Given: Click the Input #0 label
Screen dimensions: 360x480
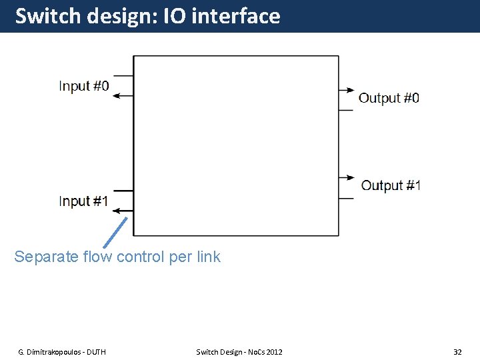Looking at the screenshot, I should coord(83,86).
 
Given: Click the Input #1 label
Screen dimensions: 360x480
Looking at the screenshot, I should coord(83,201).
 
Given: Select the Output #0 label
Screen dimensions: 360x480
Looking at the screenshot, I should coord(389,98).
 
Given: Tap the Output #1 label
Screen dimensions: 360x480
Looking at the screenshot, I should coord(391,185).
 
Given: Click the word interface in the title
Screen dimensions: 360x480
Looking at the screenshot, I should coord(235,15).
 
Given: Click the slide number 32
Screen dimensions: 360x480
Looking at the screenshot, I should coord(457,351).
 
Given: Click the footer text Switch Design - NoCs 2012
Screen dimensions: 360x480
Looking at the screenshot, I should coord(239,351).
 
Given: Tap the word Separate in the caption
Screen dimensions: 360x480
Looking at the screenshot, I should coord(41,257).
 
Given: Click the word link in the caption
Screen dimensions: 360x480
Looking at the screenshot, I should coord(208,257).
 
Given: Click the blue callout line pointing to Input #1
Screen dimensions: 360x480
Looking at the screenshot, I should coord(116,232).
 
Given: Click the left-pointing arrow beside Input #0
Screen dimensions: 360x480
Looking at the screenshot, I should coord(121,96).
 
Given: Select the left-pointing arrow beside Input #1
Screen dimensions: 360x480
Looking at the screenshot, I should coord(121,211).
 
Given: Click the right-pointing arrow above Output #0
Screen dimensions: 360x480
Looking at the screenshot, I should coord(347,90).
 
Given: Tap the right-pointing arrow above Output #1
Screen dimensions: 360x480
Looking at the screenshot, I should coord(347,177).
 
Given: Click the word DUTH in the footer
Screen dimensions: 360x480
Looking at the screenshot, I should coord(94,351).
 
